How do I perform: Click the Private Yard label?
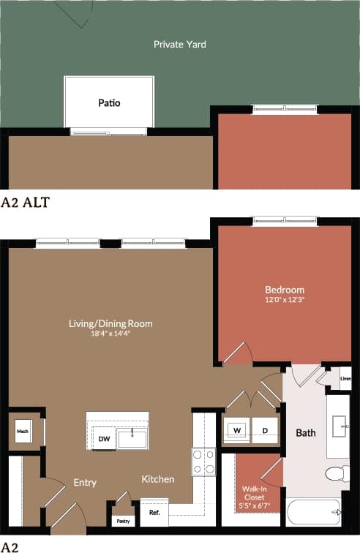pos(179,45)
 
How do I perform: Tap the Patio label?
pos(109,103)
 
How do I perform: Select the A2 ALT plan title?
pos(25,203)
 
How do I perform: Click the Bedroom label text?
pos(285,290)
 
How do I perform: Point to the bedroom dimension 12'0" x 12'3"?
pos(285,300)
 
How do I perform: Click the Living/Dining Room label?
pos(111,323)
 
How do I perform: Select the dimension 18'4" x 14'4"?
pos(111,334)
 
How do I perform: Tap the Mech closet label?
pos(22,432)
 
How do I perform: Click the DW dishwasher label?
pos(103,439)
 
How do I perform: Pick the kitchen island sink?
pos(132,438)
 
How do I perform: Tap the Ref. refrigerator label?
pos(154,513)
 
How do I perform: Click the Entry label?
pos(85,483)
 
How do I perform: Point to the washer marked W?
pos(237,431)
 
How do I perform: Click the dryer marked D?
pos(264,431)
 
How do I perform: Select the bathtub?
pos(313,511)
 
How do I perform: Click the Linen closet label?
pos(346,379)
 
